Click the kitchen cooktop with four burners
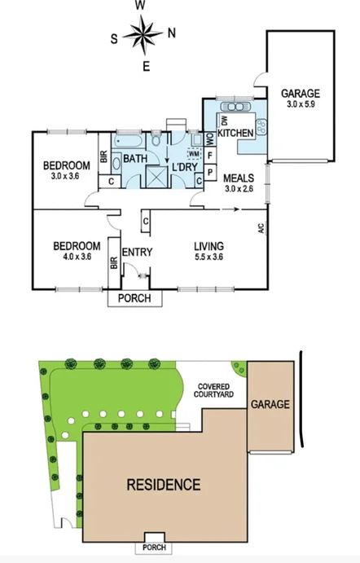point(261,125)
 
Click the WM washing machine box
point(194,153)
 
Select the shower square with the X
point(155,177)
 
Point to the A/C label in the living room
point(261,229)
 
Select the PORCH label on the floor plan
point(135,298)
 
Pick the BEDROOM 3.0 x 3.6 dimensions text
point(66,176)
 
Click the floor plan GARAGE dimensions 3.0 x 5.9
point(301,104)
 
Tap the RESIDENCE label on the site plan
point(163,485)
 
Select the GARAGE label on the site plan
point(270,404)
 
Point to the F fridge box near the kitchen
point(209,155)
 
